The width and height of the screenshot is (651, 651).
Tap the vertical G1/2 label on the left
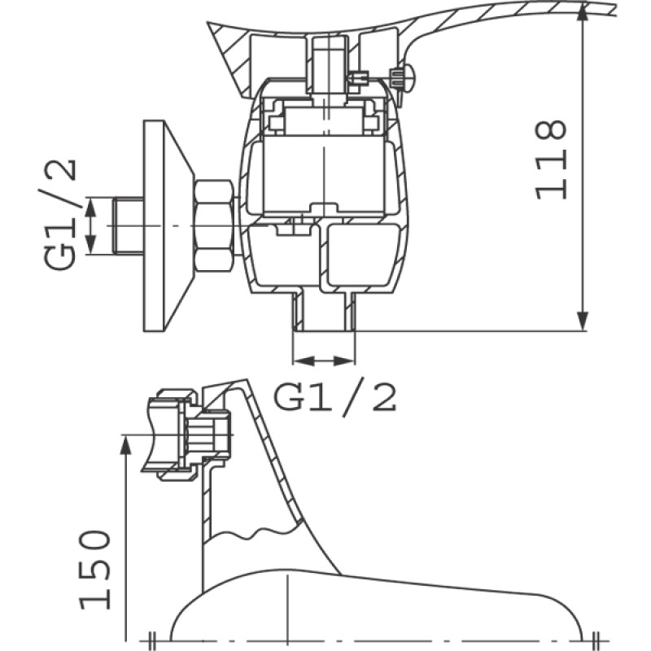[61, 213]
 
